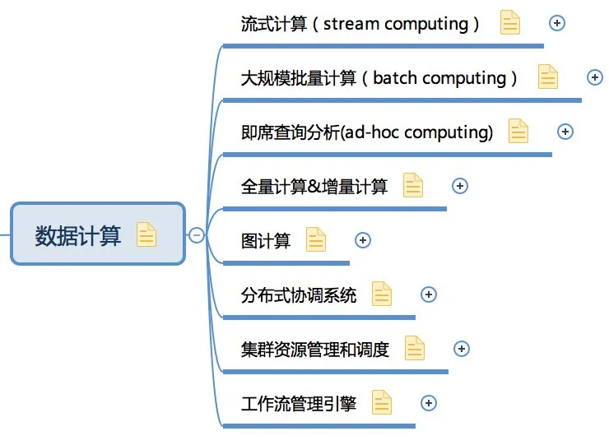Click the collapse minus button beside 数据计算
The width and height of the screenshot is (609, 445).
pos(197,235)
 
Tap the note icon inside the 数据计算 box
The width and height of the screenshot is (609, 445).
pos(146,234)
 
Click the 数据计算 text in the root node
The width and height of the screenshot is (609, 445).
pos(78,235)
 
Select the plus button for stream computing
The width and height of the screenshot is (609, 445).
pos(557,23)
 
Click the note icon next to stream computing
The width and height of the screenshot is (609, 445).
pos(510,22)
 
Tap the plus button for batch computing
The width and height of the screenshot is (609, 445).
pos(595,77)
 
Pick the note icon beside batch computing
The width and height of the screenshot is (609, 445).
pos(548,76)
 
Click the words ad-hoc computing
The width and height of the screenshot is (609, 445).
pos(419,132)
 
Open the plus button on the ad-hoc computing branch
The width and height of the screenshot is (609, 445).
pos(565,132)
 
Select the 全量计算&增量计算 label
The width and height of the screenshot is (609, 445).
pos(314,187)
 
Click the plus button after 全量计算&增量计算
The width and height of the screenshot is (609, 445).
pos(460,186)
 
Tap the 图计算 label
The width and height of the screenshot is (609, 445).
pos(266,241)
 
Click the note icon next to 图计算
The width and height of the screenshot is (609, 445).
pos(316,239)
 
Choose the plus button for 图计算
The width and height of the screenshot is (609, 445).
pos(363,240)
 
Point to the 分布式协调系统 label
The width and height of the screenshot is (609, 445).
pos(298,295)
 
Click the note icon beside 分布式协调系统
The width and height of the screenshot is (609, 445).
pos(382,294)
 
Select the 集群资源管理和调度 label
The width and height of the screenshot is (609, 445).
pos(314,350)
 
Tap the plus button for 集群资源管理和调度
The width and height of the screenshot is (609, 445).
pos(462,349)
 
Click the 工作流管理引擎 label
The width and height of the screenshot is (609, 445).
pos(298,404)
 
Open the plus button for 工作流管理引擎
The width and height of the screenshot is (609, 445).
pos(429,403)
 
